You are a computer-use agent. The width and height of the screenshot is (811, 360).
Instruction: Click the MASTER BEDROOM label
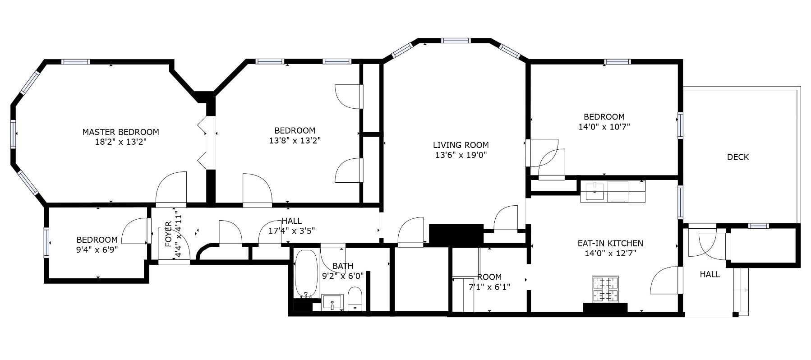(120, 132)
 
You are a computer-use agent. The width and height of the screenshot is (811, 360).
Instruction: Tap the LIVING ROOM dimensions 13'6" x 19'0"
(461, 155)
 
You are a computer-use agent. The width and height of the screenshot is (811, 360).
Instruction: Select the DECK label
(737, 157)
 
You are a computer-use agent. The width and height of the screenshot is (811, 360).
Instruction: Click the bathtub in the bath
(306, 273)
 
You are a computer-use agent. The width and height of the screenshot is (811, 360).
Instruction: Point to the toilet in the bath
(355, 299)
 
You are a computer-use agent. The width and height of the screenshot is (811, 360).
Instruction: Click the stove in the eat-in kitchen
(605, 289)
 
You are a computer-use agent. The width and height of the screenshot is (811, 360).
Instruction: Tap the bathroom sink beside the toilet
(332, 302)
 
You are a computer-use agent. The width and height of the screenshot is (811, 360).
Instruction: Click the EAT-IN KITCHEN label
(610, 244)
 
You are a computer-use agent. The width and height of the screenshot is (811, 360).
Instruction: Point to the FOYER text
(168, 234)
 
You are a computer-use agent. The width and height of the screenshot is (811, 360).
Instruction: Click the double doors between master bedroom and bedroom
(207, 140)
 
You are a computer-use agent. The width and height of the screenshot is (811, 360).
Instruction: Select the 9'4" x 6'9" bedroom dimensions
(97, 249)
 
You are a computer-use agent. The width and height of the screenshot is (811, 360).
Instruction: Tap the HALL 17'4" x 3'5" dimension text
(291, 231)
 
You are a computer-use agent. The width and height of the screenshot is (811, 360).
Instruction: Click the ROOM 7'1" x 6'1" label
(489, 277)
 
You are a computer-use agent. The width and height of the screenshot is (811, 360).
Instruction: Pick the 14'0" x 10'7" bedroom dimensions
(604, 127)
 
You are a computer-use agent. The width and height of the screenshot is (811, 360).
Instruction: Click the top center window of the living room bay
(456, 41)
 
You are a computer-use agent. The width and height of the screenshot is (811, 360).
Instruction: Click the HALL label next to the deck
(710, 274)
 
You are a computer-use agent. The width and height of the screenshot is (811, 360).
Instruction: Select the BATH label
(342, 266)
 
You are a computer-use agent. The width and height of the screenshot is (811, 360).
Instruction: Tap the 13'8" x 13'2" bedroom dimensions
(295, 141)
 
